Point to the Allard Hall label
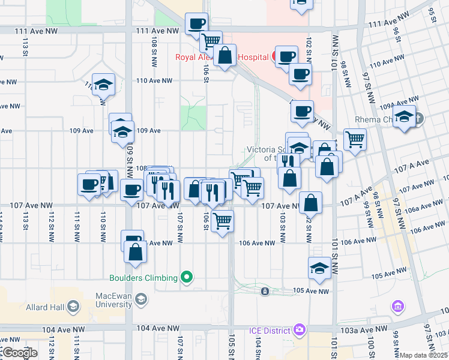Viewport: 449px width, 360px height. tap(45, 308)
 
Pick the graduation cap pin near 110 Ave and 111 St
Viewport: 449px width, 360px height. tap(104, 84)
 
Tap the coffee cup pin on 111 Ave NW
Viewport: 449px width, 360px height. tap(196, 24)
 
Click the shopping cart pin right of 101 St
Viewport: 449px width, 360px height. tap(355, 139)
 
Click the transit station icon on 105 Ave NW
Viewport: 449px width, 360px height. tap(265, 292)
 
